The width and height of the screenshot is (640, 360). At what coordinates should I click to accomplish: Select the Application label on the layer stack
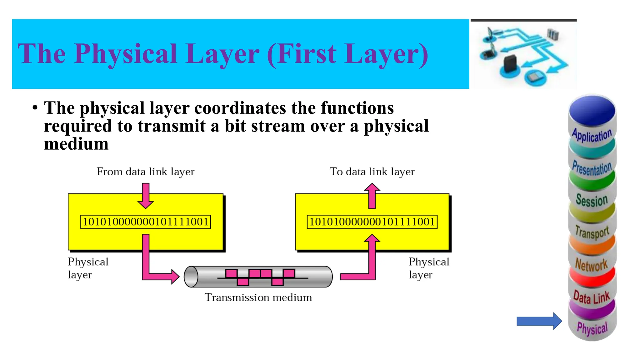pos(592,135)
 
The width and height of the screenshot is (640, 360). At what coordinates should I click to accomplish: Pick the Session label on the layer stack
pos(592,200)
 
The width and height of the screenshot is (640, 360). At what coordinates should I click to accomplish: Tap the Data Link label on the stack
pos(591,297)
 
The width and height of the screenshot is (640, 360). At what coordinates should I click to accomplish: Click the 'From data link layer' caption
pos(145,172)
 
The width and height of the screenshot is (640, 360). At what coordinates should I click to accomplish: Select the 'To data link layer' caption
pos(372,172)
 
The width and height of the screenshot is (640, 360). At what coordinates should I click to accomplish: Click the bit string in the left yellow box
pos(145,222)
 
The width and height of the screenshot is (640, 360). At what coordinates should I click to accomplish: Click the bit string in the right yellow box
pos(372,222)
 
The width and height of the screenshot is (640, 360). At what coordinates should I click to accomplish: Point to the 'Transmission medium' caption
pos(258,297)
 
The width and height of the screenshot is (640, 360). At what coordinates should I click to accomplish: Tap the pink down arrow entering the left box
pos(146,196)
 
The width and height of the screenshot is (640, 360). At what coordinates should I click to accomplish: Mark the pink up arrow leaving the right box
pos(372,196)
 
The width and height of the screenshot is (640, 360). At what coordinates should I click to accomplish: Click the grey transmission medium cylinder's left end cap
pos(191,277)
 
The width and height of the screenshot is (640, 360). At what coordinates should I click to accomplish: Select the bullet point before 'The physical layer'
pos(35,108)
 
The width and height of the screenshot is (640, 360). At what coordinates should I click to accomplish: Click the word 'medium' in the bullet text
pos(76,144)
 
